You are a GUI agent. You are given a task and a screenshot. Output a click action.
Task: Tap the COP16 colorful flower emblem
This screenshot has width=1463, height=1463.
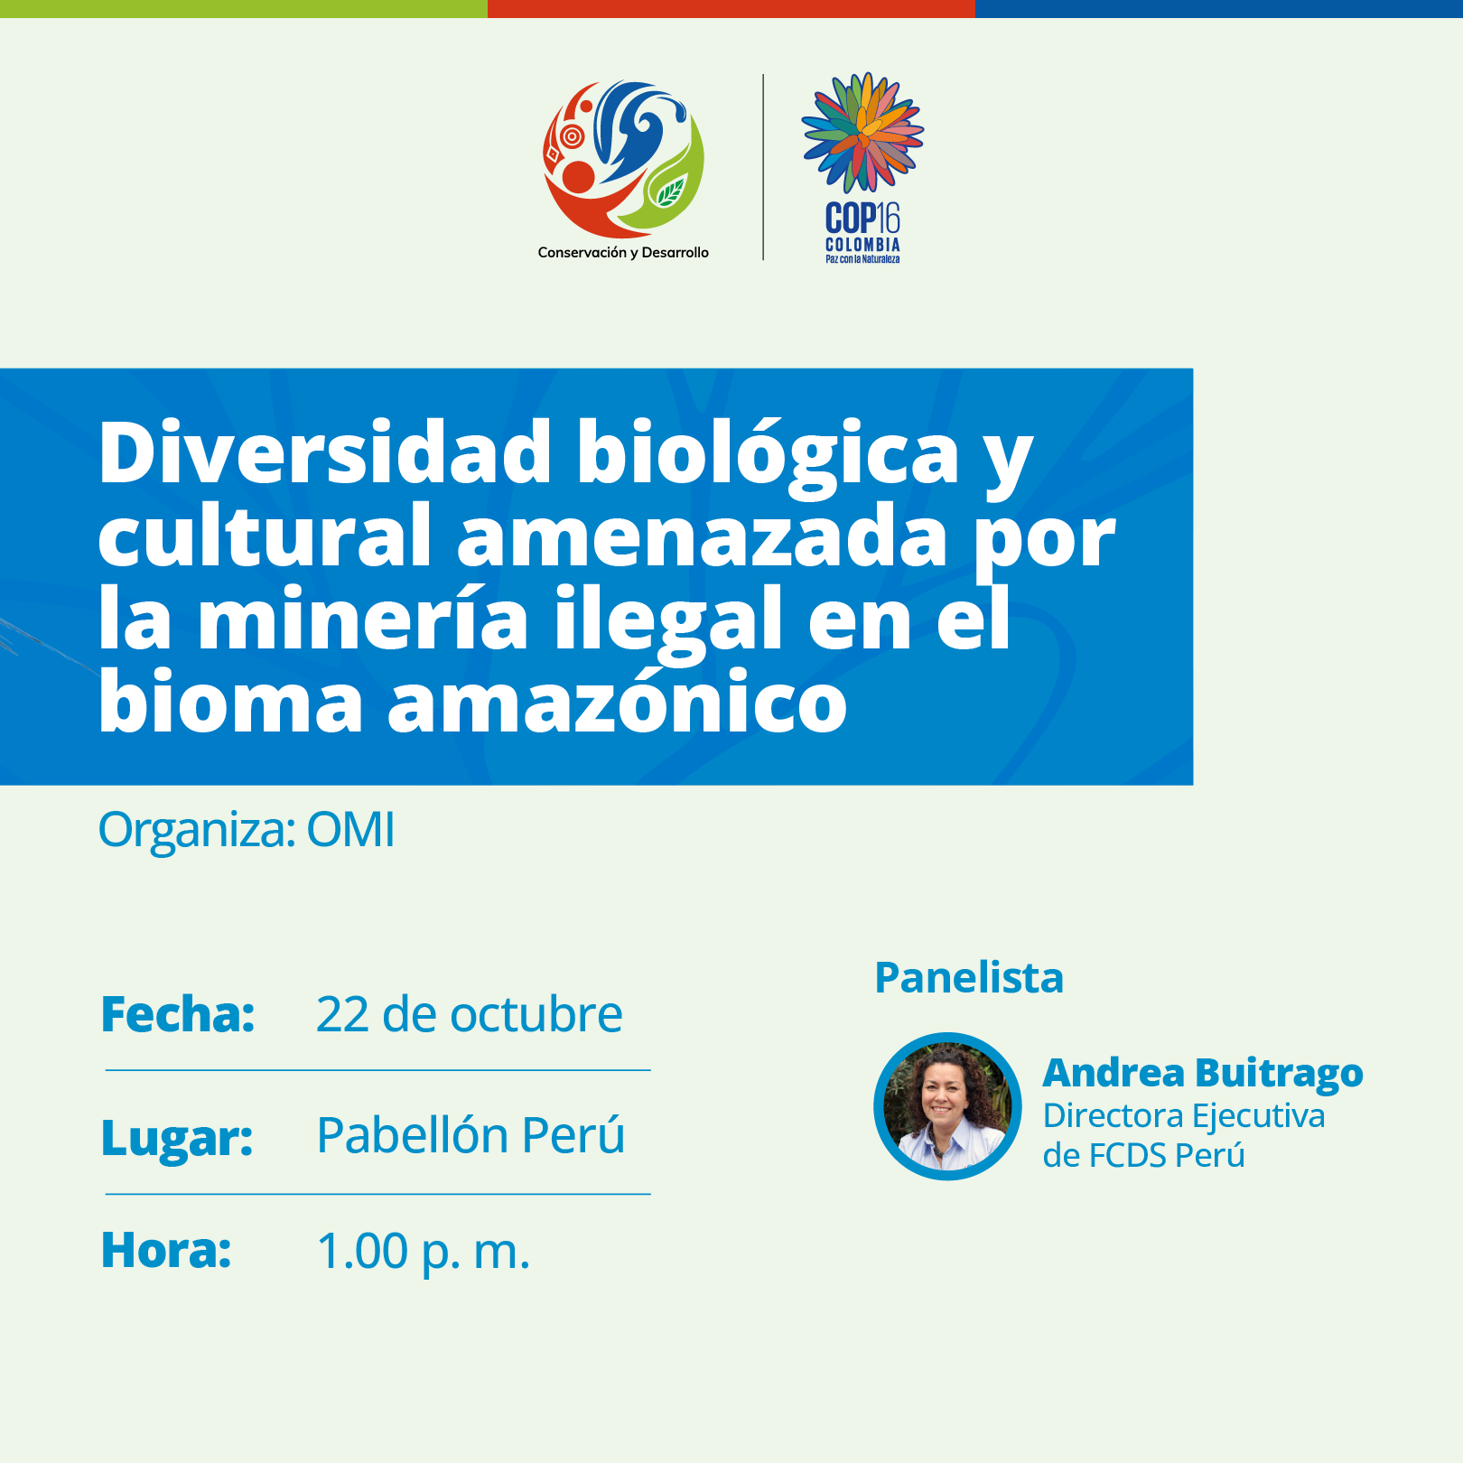pos(862,133)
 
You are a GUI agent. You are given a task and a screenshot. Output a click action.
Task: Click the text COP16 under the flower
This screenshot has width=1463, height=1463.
pos(862,218)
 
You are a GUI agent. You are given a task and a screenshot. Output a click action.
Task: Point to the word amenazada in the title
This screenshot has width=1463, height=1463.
pos(703,536)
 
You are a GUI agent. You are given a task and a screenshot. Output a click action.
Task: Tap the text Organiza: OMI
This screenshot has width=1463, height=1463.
pos(247,830)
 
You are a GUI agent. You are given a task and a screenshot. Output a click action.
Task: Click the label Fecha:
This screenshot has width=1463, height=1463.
pos(178,1014)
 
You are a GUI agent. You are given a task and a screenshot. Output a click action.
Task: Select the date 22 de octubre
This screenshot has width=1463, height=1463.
pos(470,1014)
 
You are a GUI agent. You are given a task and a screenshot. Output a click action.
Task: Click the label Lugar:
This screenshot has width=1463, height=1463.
pos(177,1137)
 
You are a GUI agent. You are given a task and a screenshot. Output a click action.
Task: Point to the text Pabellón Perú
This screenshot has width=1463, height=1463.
pos(471,1134)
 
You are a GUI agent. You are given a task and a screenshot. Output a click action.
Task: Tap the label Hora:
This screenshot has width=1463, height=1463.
pos(166,1251)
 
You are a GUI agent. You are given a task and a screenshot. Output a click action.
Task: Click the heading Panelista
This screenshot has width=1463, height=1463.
pos(969,978)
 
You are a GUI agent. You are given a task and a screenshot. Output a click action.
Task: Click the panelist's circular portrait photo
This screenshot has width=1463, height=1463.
pos(947,1106)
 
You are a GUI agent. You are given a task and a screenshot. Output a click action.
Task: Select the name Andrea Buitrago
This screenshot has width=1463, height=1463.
pos(1203,1074)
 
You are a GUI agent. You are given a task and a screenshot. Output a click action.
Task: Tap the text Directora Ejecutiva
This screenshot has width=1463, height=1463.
pos(1184,1116)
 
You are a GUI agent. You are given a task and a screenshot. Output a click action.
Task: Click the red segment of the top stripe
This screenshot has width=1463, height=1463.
pos(731,9)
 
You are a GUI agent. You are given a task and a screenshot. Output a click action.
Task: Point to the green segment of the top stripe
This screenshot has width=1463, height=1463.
pos(244,9)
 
